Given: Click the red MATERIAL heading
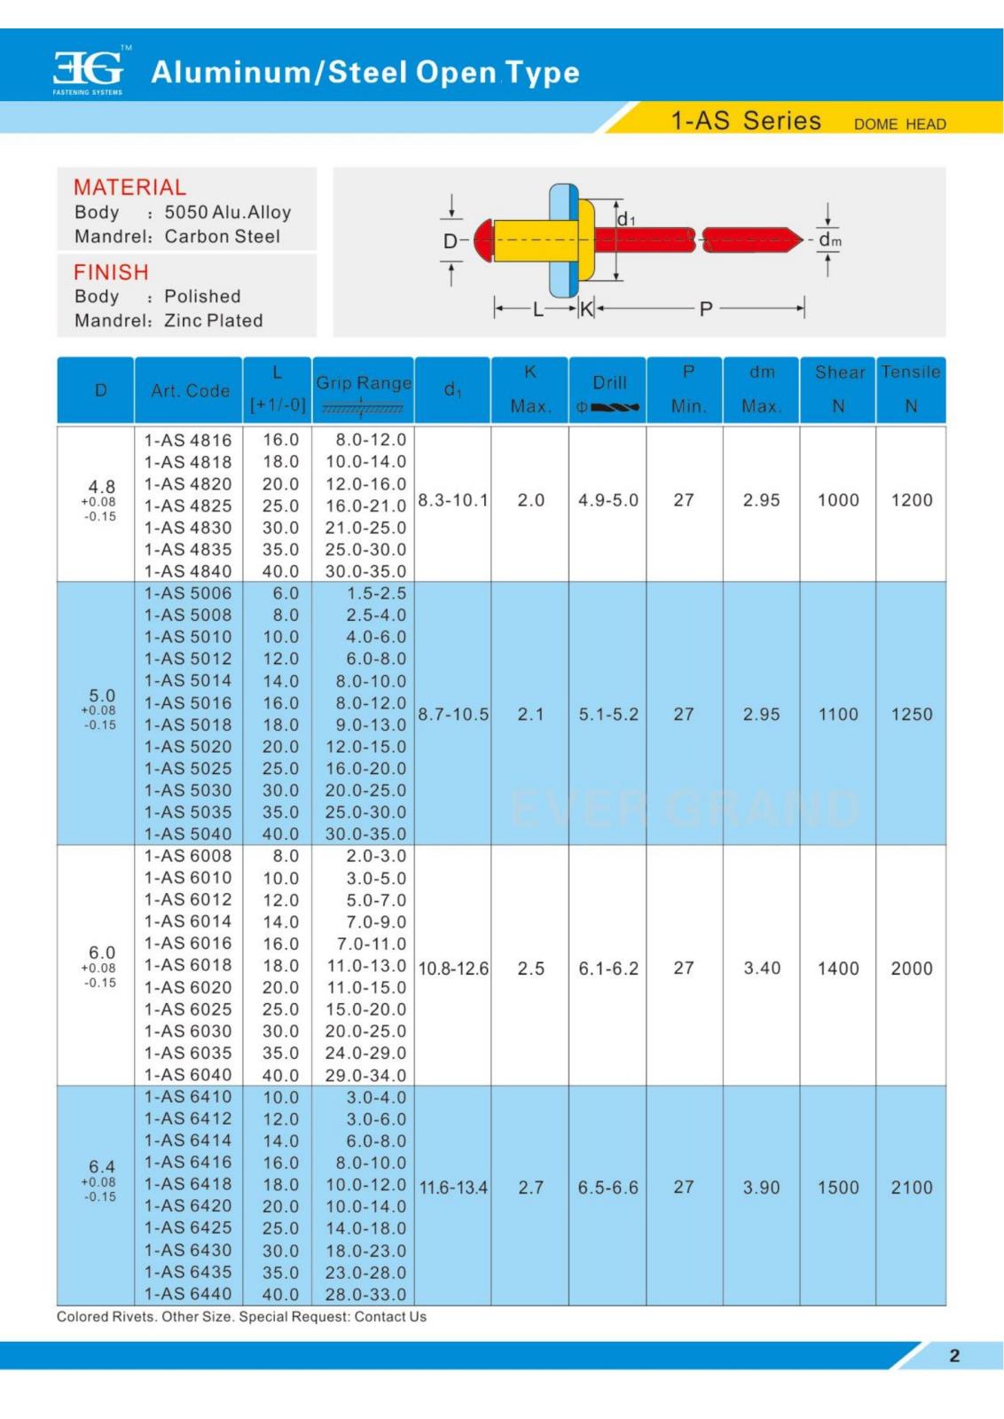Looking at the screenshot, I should tap(129, 187).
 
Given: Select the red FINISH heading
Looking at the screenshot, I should tap(111, 271).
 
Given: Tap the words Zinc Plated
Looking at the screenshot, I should tap(214, 320).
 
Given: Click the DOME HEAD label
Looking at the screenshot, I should tap(899, 124).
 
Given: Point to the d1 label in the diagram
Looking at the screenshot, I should tap(625, 218).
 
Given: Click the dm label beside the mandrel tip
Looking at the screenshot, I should tap(829, 240).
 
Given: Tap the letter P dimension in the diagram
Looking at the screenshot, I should tap(706, 310).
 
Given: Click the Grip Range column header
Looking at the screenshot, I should tap(364, 383).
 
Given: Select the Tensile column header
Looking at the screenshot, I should tap(910, 372).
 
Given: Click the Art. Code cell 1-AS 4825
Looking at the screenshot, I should tap(188, 506).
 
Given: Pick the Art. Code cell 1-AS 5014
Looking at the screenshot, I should tap(188, 680).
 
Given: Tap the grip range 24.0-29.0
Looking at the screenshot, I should tap(365, 1053).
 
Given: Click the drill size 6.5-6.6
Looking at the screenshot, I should tap(608, 1187).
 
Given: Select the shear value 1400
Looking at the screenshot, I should tap(838, 968).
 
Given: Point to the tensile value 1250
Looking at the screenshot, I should tap(912, 714).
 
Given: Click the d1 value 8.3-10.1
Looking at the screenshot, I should tap(452, 500).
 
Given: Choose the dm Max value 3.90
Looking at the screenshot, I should tap(761, 1187).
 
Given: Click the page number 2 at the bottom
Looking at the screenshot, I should tap(954, 1355).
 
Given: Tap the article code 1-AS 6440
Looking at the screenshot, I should tap(188, 1293).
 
